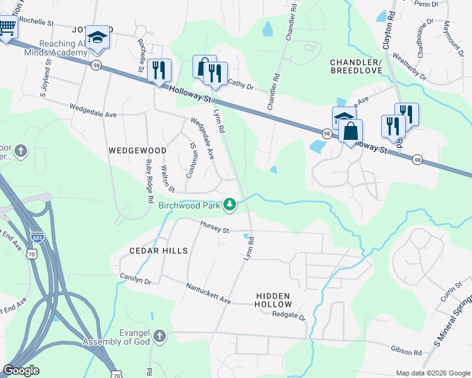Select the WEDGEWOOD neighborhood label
137,151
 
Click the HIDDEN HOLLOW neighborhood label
273,301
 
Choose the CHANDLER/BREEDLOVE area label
357,67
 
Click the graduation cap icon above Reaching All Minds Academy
98,37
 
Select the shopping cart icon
6,28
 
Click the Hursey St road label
215,227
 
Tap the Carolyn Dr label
136,279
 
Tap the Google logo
21,370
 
